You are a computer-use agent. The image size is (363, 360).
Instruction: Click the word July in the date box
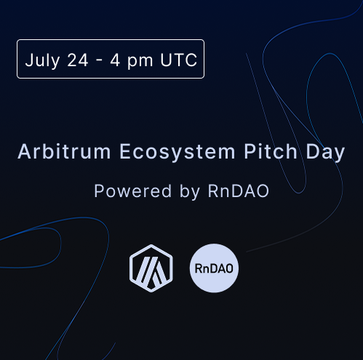tap(42, 60)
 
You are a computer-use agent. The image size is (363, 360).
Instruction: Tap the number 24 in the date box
tap(78, 60)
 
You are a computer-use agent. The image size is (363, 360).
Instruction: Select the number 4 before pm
tap(115, 60)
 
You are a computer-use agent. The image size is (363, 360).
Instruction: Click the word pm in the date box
tap(140, 62)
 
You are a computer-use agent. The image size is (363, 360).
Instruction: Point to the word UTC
tap(179, 60)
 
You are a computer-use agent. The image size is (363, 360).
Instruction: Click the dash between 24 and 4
tap(99, 61)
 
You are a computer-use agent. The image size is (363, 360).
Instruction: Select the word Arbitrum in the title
tap(64, 151)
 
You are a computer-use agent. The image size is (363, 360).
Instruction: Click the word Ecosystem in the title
tap(177, 152)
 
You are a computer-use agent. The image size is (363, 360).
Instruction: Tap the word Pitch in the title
tap(271, 151)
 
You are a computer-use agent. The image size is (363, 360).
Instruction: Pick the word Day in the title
tap(325, 153)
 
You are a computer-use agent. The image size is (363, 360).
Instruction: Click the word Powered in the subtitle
tap(133, 191)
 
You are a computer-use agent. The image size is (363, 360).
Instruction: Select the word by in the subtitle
tap(190, 192)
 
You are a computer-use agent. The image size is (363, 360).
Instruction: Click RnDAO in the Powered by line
tap(239, 191)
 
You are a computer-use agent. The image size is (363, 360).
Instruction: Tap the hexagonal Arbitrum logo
tap(151, 268)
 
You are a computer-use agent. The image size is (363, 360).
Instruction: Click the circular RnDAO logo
tap(214, 268)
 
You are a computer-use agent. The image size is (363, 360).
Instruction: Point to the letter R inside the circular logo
tap(199, 268)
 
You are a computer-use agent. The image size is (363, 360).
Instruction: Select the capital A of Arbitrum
tap(24, 152)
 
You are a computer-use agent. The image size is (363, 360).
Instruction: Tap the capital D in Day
tap(312, 152)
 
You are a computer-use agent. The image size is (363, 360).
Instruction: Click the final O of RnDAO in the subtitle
tap(262, 191)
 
